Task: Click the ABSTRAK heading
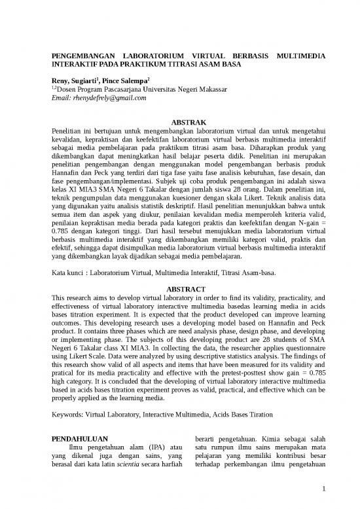coord(189,122)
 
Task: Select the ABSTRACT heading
coord(189,288)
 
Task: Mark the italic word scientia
coord(123,464)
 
